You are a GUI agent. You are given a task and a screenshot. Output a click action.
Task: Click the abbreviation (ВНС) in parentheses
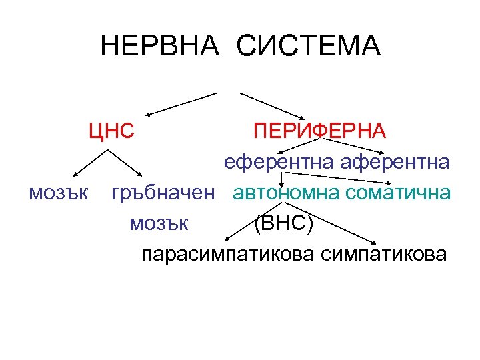click(283, 223)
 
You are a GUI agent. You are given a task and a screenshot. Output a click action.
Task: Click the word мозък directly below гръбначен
click(160, 223)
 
